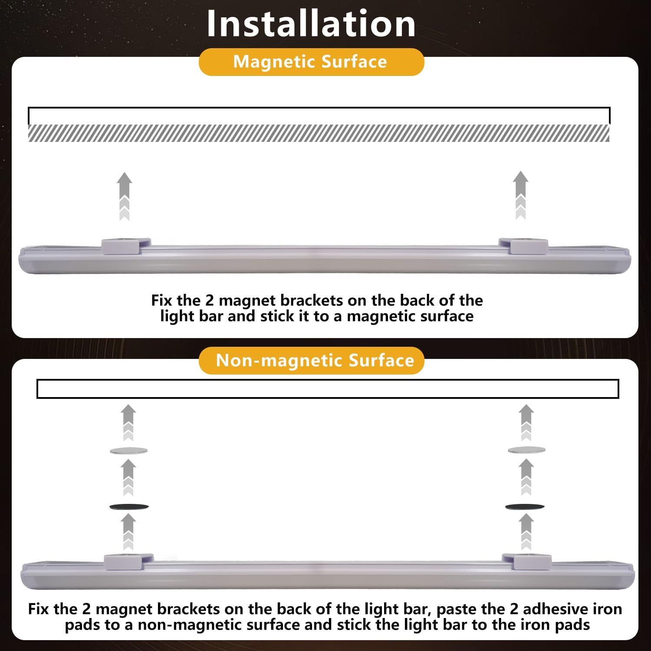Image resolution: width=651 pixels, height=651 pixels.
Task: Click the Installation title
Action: [x=311, y=23]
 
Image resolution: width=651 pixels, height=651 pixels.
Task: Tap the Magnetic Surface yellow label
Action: [x=311, y=62]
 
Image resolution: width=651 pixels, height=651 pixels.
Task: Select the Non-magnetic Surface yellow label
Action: [x=311, y=360]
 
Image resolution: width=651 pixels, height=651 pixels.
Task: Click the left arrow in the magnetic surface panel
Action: [x=125, y=196]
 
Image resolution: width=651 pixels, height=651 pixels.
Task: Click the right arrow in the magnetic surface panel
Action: [x=520, y=195]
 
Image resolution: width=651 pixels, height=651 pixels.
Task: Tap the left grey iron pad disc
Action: [x=128, y=451]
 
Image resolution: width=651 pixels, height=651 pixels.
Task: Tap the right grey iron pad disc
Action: [x=526, y=450]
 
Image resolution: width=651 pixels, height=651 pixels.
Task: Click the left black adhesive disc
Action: [x=129, y=506]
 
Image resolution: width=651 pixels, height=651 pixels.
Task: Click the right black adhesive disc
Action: [x=525, y=506]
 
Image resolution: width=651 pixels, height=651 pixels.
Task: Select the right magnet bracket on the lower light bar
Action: [x=526, y=562]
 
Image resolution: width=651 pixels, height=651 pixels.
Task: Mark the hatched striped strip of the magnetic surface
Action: [x=319, y=133]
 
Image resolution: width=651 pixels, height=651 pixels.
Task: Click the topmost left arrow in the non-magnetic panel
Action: [x=128, y=423]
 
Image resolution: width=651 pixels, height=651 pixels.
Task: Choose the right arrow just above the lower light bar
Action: [x=526, y=532]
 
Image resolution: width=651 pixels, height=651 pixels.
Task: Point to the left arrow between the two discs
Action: [x=128, y=477]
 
